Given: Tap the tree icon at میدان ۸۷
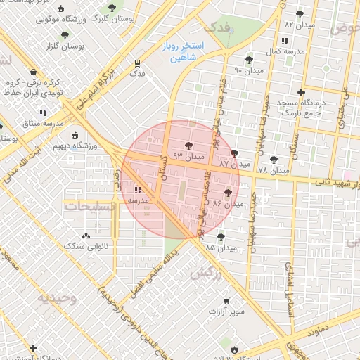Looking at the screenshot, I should [x=234, y=153].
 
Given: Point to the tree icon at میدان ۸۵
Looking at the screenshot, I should [x=221, y=237].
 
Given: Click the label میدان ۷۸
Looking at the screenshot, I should [x=274, y=171].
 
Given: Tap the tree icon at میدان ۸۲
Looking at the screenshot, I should [x=300, y=14].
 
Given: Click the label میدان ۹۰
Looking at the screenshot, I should [x=247, y=70].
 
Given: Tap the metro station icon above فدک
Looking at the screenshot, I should [x=136, y=62].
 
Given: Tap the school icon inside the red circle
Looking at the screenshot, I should [x=137, y=189].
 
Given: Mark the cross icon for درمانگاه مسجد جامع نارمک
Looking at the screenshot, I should [x=301, y=92].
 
